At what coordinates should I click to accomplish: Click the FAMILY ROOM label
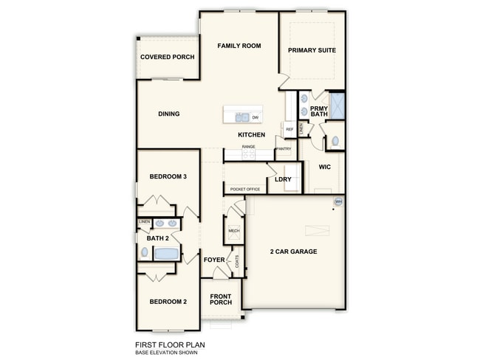point(239,46)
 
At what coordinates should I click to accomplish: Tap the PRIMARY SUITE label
point(312,50)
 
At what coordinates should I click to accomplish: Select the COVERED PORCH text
point(167,57)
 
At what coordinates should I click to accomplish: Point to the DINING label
point(169,114)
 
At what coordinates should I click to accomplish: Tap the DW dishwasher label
point(255,117)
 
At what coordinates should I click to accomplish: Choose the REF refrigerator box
point(289,129)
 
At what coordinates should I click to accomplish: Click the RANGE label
point(248,147)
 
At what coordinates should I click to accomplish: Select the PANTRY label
point(284,149)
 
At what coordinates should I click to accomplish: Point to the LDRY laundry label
point(283,179)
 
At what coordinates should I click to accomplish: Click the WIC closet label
point(324,167)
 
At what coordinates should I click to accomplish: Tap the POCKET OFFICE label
point(245,190)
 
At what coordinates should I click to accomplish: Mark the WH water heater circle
point(338,201)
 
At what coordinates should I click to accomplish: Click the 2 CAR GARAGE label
point(293,252)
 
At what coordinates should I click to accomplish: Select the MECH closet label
point(234,231)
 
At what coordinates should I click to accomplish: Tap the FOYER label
point(214,260)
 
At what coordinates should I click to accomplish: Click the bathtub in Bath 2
point(167,254)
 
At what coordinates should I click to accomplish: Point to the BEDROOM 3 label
point(168,176)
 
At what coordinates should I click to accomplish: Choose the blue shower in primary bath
point(337,106)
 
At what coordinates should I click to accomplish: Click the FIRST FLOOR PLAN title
point(170,345)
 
